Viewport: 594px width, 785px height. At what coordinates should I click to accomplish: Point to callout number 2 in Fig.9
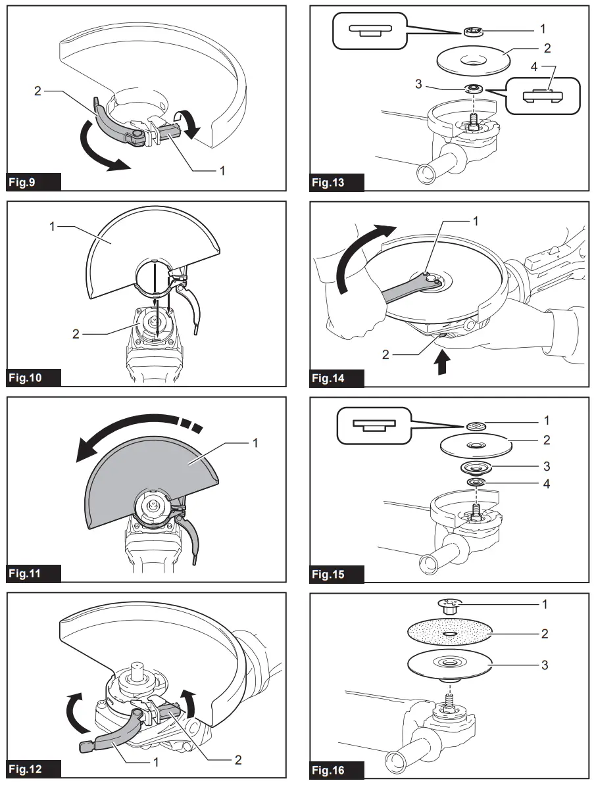tap(38, 90)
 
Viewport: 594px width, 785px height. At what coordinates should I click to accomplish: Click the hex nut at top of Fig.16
tap(450, 606)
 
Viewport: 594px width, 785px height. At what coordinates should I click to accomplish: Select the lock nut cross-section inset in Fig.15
tap(372, 425)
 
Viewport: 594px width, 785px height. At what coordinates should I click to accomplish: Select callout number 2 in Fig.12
tap(238, 760)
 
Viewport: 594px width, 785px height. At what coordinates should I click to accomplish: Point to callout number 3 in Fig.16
tap(545, 665)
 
